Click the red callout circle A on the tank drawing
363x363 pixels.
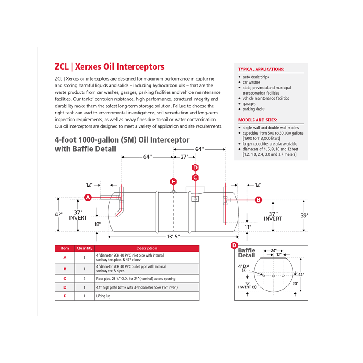88,198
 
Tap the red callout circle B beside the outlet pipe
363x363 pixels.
258,200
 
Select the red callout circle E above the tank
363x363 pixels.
173,181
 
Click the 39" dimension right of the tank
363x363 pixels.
304,215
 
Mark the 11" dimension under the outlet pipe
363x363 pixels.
248,227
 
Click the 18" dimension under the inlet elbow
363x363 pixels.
98,224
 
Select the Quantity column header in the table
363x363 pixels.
84,248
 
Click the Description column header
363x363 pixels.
147,248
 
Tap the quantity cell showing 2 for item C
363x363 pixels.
84,279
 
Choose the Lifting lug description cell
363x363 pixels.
104,296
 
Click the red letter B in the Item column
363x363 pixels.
65,268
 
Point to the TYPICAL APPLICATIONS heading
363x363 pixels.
261,69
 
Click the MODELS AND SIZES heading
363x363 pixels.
258,120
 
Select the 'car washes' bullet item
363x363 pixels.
251,82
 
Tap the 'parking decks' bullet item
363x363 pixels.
253,109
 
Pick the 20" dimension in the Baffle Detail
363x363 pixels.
295,284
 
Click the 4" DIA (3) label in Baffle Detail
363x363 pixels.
244,268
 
